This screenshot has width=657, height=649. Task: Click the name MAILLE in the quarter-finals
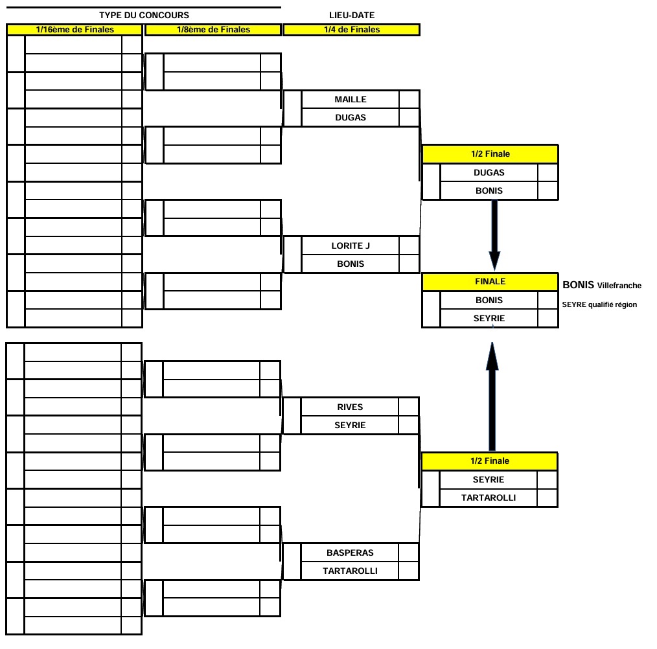tap(351, 99)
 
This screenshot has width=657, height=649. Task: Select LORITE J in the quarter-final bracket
tap(351, 245)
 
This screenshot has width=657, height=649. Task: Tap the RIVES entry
tap(350, 407)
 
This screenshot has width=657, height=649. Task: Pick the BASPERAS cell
tap(350, 552)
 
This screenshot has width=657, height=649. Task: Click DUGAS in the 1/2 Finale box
tap(489, 173)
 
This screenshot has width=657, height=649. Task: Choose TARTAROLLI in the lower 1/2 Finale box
tap(489, 497)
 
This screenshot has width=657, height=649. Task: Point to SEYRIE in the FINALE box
tap(489, 319)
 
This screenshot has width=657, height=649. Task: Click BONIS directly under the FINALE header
tap(489, 300)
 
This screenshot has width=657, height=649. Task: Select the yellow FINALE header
tap(490, 282)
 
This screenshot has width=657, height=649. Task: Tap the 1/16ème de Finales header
tap(75, 30)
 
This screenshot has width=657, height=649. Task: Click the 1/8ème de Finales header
tap(213, 30)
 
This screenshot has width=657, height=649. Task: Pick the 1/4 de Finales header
tap(352, 30)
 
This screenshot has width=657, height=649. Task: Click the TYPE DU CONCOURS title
tap(144, 15)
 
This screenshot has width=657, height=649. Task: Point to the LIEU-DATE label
tap(352, 15)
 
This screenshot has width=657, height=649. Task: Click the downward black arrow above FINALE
tap(494, 235)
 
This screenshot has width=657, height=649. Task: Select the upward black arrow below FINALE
tap(492, 396)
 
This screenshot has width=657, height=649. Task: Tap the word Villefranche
tap(619, 286)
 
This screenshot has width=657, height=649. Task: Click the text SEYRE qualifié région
tap(599, 304)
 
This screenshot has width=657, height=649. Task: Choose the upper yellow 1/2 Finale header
tap(490, 154)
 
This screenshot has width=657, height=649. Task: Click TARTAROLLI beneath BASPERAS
tap(350, 571)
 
